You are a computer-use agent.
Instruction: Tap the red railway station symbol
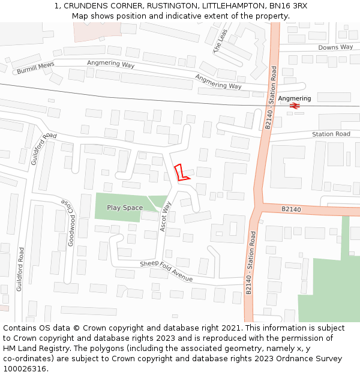(295, 106)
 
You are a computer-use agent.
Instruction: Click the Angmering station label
(295, 98)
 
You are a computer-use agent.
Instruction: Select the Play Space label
(125, 208)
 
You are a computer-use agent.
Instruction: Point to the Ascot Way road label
(166, 217)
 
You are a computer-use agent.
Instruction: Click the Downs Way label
(335, 47)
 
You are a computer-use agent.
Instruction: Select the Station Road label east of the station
(331, 134)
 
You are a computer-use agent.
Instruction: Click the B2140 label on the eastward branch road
(291, 209)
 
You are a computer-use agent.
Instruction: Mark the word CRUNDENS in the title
(85, 5)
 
